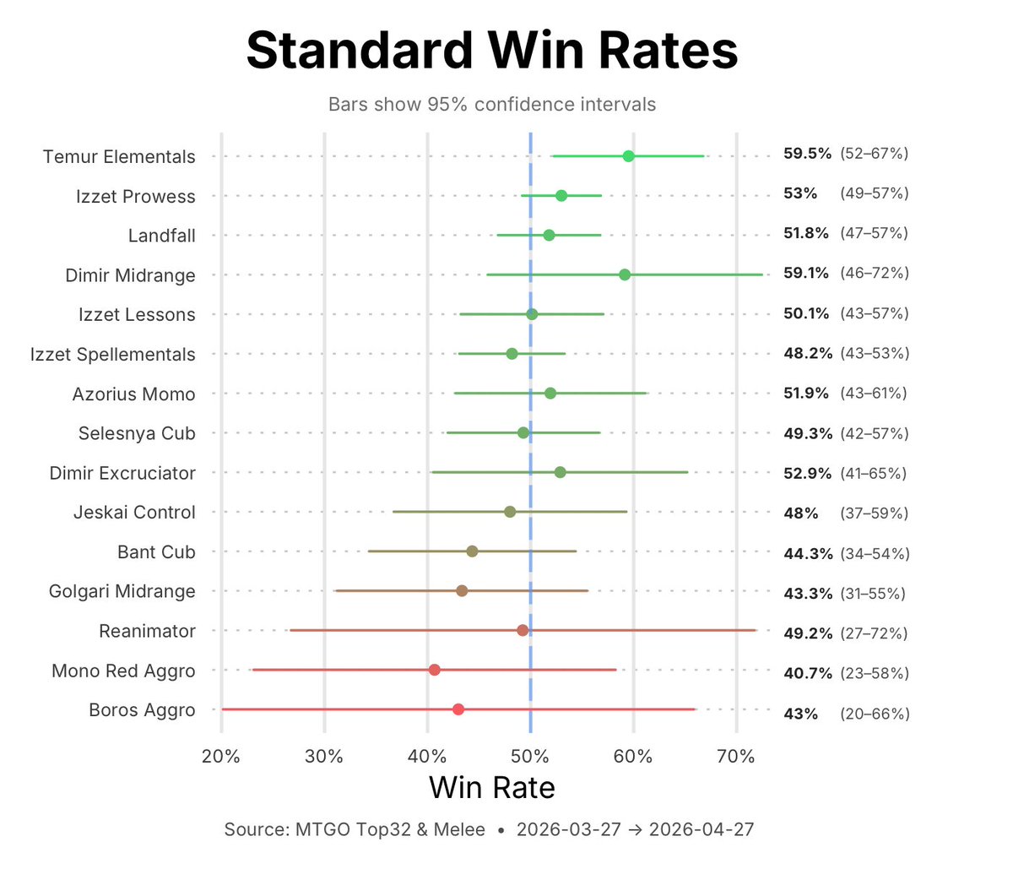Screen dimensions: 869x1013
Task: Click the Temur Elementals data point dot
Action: (628, 156)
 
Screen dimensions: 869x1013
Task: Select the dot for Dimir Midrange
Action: (625, 274)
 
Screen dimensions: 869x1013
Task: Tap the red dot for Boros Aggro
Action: (458, 709)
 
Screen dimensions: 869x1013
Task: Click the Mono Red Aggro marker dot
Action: (434, 670)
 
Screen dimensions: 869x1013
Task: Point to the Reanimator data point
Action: (523, 630)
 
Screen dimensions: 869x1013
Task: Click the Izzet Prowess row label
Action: (135, 197)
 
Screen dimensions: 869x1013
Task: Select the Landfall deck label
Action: (161, 236)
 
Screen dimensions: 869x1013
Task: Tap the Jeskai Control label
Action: (134, 513)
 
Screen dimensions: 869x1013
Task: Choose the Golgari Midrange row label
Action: (122, 592)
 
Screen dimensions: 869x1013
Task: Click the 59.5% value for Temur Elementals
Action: (807, 154)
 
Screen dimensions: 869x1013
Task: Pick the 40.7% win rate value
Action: (807, 674)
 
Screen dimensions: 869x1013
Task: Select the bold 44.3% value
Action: (807, 554)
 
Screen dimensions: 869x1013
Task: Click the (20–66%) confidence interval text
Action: (875, 714)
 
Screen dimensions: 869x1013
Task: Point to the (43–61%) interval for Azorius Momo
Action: (875, 394)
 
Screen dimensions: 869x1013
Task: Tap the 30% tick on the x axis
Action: (324, 757)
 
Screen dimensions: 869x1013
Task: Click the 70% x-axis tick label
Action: (735, 757)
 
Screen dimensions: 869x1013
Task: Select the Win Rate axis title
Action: (492, 788)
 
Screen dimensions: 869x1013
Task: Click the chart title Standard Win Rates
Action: (492, 51)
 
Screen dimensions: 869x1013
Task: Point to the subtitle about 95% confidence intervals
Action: (492, 105)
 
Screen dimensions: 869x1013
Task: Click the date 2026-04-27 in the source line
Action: (702, 829)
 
